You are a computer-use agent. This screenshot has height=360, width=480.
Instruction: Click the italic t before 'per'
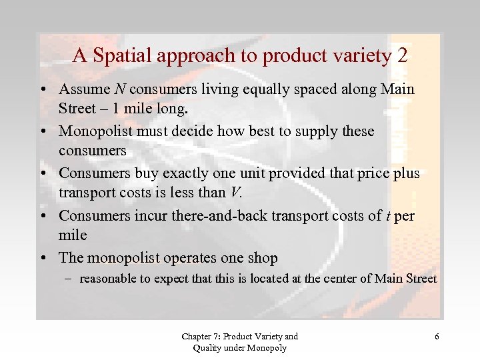[x=387, y=216]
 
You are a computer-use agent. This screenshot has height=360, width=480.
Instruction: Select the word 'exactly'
[x=189, y=174]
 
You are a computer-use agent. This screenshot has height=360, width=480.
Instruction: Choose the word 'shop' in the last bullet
[x=261, y=258]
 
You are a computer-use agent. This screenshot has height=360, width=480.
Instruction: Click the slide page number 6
[x=437, y=337]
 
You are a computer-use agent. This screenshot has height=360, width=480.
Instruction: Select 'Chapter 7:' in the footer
[x=199, y=337]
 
